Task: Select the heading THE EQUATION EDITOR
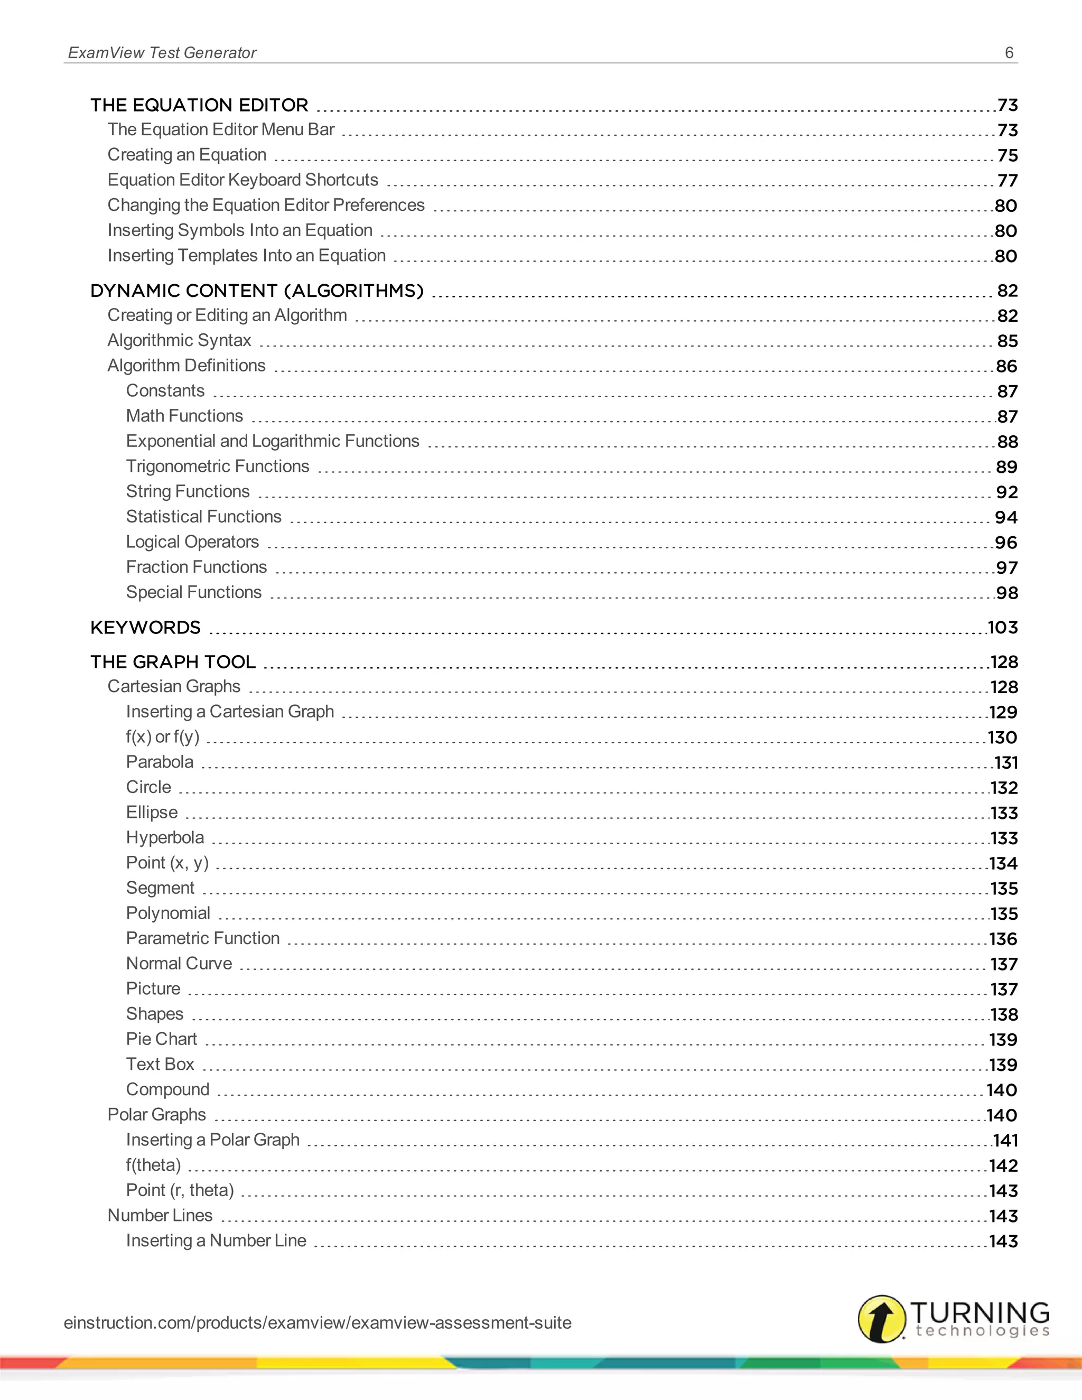point(199,105)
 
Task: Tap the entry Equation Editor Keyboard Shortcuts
point(242,180)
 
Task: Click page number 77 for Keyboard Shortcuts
point(1007,181)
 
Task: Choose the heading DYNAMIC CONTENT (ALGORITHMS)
point(257,291)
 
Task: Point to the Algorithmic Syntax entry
point(179,340)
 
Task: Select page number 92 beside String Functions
point(1006,492)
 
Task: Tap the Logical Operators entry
point(192,542)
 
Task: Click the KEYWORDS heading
point(145,627)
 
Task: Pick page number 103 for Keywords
point(1003,628)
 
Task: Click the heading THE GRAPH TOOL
point(173,661)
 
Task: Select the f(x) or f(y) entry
point(163,736)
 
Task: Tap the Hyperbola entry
point(165,837)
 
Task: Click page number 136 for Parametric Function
point(1003,939)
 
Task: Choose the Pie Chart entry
point(162,1039)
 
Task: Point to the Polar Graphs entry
point(156,1114)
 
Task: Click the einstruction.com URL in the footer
point(318,1322)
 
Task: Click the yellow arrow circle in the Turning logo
point(882,1319)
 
